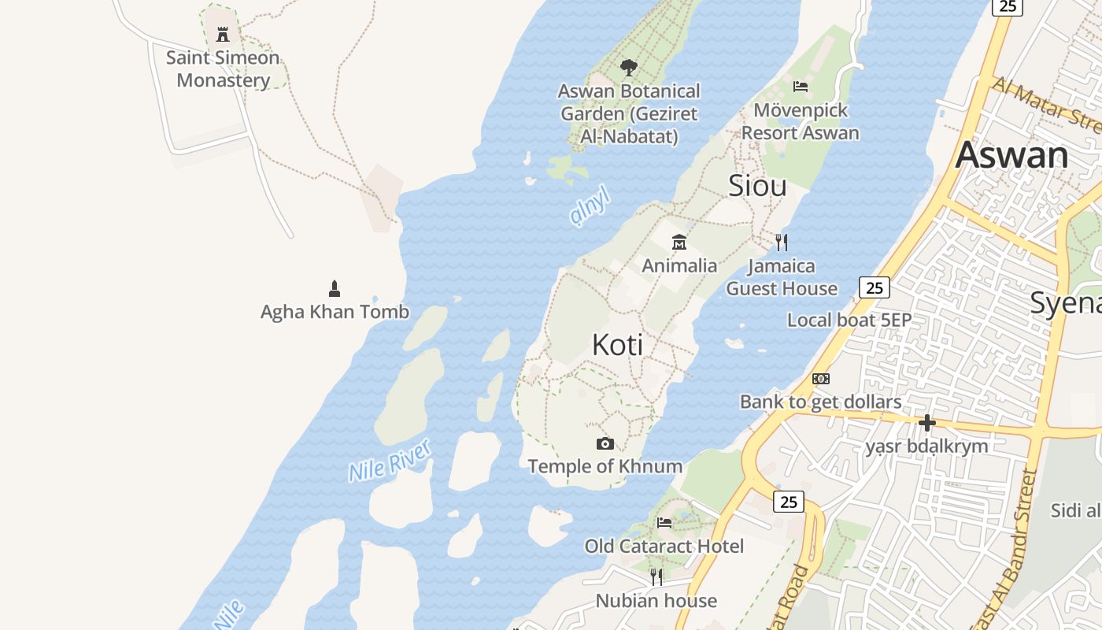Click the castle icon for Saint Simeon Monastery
click(x=223, y=34)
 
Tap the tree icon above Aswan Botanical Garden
click(x=628, y=68)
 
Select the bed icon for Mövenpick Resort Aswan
click(x=801, y=86)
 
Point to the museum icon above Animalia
click(x=679, y=242)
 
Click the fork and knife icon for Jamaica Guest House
click(x=781, y=242)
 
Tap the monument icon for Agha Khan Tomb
click(x=335, y=288)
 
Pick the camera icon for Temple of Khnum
click(x=605, y=443)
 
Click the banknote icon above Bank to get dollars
click(x=821, y=379)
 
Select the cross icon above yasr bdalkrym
click(x=927, y=423)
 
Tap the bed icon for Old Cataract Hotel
click(x=664, y=522)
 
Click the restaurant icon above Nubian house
click(x=656, y=577)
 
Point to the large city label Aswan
click(x=1011, y=155)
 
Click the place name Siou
click(x=757, y=186)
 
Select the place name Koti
click(x=617, y=345)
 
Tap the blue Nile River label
click(x=390, y=461)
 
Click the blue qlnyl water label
click(x=590, y=206)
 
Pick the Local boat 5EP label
click(x=849, y=320)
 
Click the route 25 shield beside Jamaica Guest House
click(x=875, y=287)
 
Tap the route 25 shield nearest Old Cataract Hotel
click(x=788, y=501)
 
